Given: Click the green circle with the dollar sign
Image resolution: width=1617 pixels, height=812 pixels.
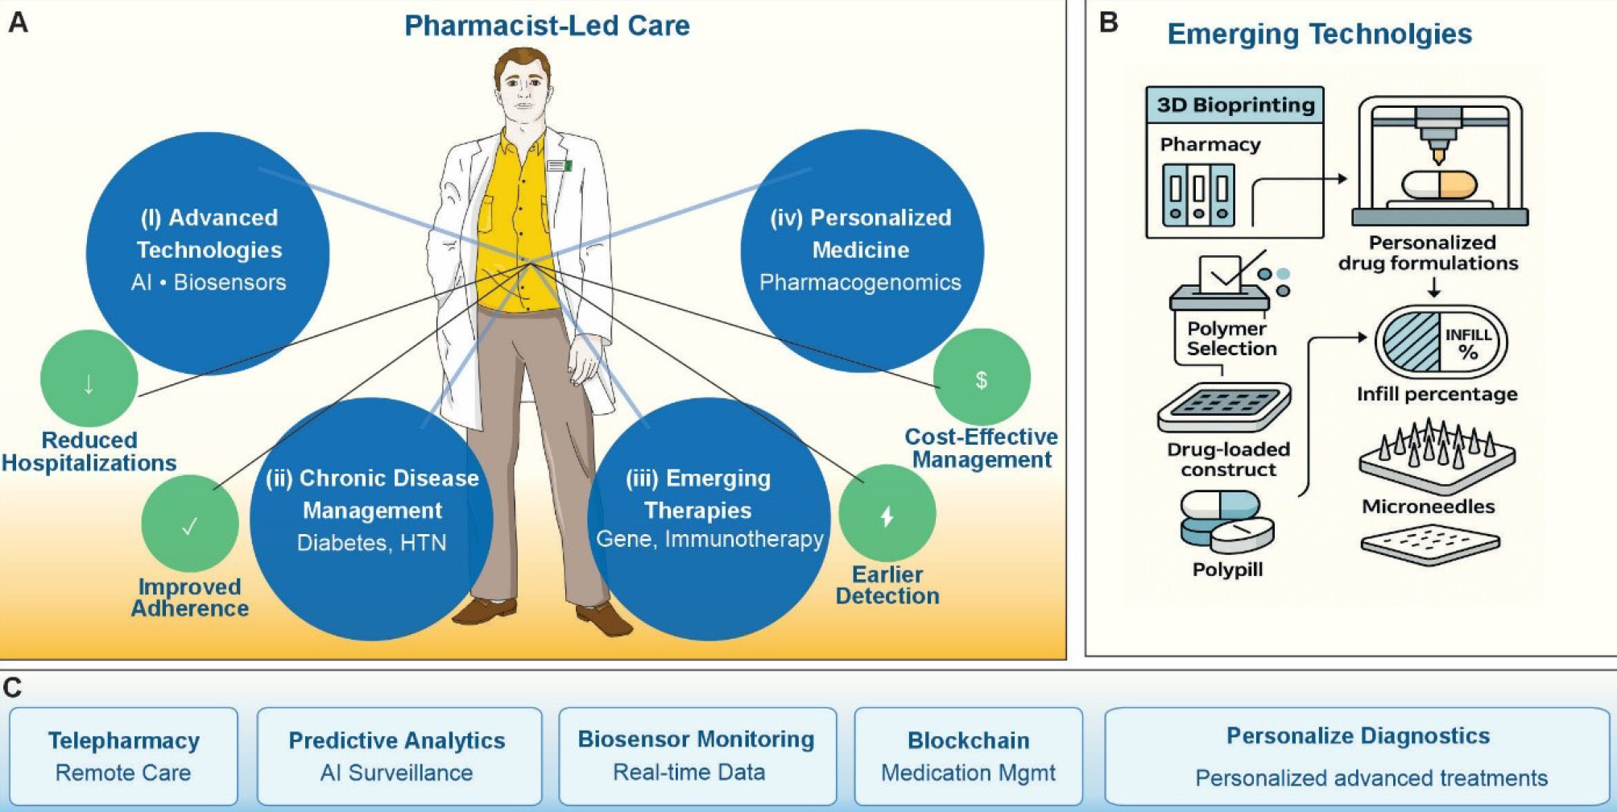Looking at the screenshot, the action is (x=982, y=377).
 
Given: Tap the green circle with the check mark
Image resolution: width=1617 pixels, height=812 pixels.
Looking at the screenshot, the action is (x=190, y=524).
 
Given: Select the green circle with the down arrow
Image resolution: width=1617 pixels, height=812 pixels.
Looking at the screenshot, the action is (x=89, y=378).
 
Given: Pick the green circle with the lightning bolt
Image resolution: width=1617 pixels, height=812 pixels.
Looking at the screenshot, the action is (x=887, y=513).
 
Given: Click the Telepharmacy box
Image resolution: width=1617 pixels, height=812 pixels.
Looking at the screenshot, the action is (x=124, y=756).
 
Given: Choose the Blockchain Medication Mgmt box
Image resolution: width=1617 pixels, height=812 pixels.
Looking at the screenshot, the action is (x=969, y=756).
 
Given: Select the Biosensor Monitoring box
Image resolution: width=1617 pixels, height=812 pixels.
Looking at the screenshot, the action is (x=697, y=756).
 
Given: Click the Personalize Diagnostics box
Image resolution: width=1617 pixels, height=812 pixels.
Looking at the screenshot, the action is (x=1358, y=756).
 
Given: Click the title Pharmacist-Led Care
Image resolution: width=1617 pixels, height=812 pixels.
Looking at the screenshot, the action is (x=547, y=26).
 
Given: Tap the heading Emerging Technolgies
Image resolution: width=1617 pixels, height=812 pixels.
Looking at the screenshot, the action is (x=1320, y=34).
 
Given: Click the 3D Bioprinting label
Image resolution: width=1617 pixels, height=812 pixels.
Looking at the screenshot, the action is (x=1235, y=105).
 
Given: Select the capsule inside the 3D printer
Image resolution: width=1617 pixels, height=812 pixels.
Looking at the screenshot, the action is (x=1440, y=184).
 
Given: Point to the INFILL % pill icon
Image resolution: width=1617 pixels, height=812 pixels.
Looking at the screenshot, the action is (x=1441, y=342).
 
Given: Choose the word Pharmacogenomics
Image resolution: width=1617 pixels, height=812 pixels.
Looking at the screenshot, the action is (x=860, y=282).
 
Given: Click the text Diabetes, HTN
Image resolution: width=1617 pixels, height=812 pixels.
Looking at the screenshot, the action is (x=371, y=543).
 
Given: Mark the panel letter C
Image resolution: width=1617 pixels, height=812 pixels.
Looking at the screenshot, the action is (x=13, y=688).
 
